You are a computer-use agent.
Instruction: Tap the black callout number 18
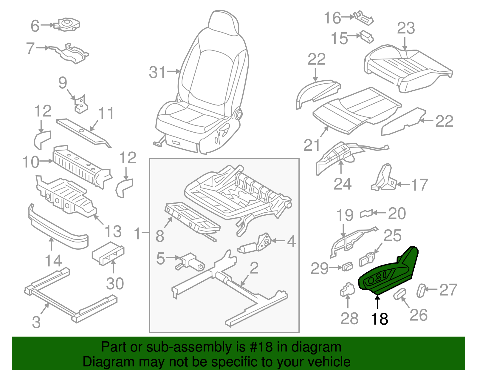[x=379, y=319]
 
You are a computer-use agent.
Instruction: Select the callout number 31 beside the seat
[x=157, y=72]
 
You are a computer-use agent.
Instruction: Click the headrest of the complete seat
[x=224, y=22]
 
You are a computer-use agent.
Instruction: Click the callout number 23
[x=406, y=28]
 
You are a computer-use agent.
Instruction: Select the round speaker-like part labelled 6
[x=68, y=24]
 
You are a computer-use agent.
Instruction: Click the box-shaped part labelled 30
[x=107, y=253]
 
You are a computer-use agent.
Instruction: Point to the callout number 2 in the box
[x=254, y=268]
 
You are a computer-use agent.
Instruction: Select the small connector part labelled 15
[x=366, y=36]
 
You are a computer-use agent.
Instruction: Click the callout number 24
[x=342, y=184]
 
